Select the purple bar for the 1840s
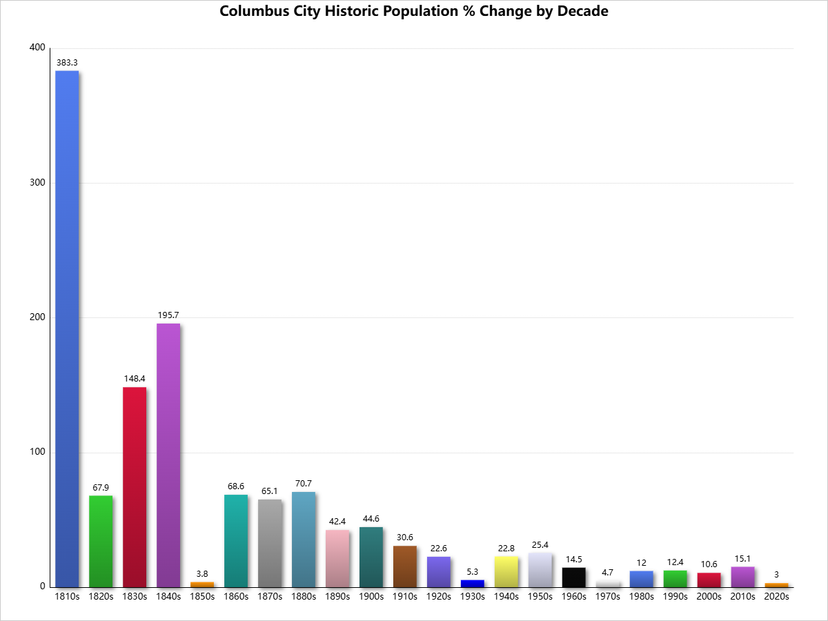[x=168, y=455]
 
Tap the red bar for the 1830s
[x=135, y=487]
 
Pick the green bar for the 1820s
[x=101, y=541]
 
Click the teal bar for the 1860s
[x=236, y=541]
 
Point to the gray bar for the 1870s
[x=270, y=543]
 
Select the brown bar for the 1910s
[x=405, y=566]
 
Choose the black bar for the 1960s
[x=574, y=577]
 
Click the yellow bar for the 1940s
[x=506, y=571]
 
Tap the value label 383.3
[x=67, y=63]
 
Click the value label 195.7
[x=168, y=315]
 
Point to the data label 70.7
[x=304, y=484]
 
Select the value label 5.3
[x=473, y=571]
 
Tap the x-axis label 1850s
[x=202, y=596]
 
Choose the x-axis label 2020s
[x=777, y=596]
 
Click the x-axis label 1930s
[x=473, y=596]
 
